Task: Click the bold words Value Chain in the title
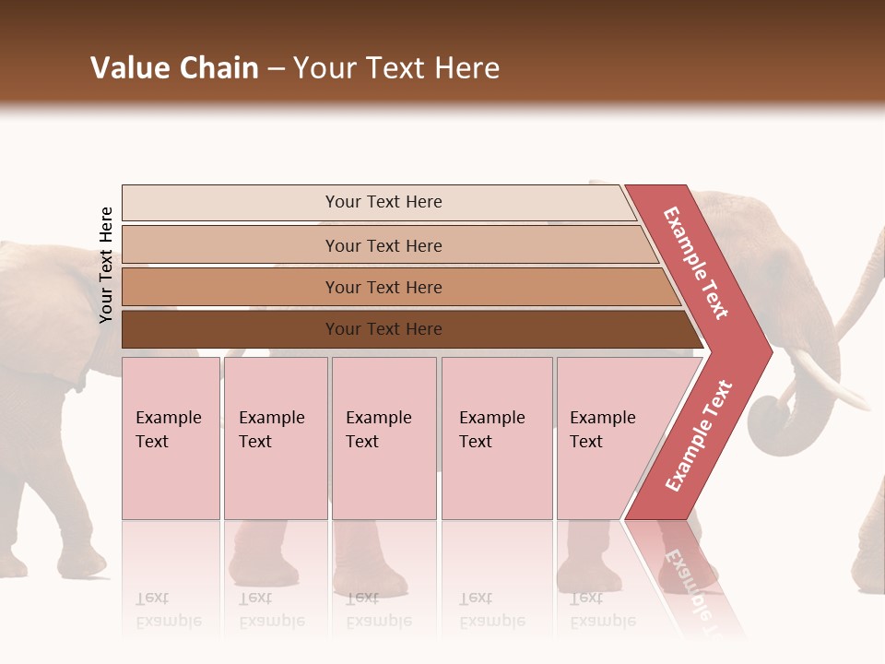[174, 68]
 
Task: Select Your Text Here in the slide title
[396, 68]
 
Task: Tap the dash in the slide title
[276, 69]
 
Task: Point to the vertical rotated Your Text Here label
[106, 265]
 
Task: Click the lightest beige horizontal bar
[383, 202]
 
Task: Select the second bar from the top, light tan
[383, 245]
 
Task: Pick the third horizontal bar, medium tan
[383, 287]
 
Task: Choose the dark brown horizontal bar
[383, 329]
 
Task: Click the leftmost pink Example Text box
[171, 437]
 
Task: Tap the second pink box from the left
[275, 437]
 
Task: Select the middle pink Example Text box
[383, 437]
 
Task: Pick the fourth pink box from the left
[496, 437]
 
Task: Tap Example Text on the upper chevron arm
[697, 263]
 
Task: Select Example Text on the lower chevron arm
[699, 435]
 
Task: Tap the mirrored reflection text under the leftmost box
[169, 611]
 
